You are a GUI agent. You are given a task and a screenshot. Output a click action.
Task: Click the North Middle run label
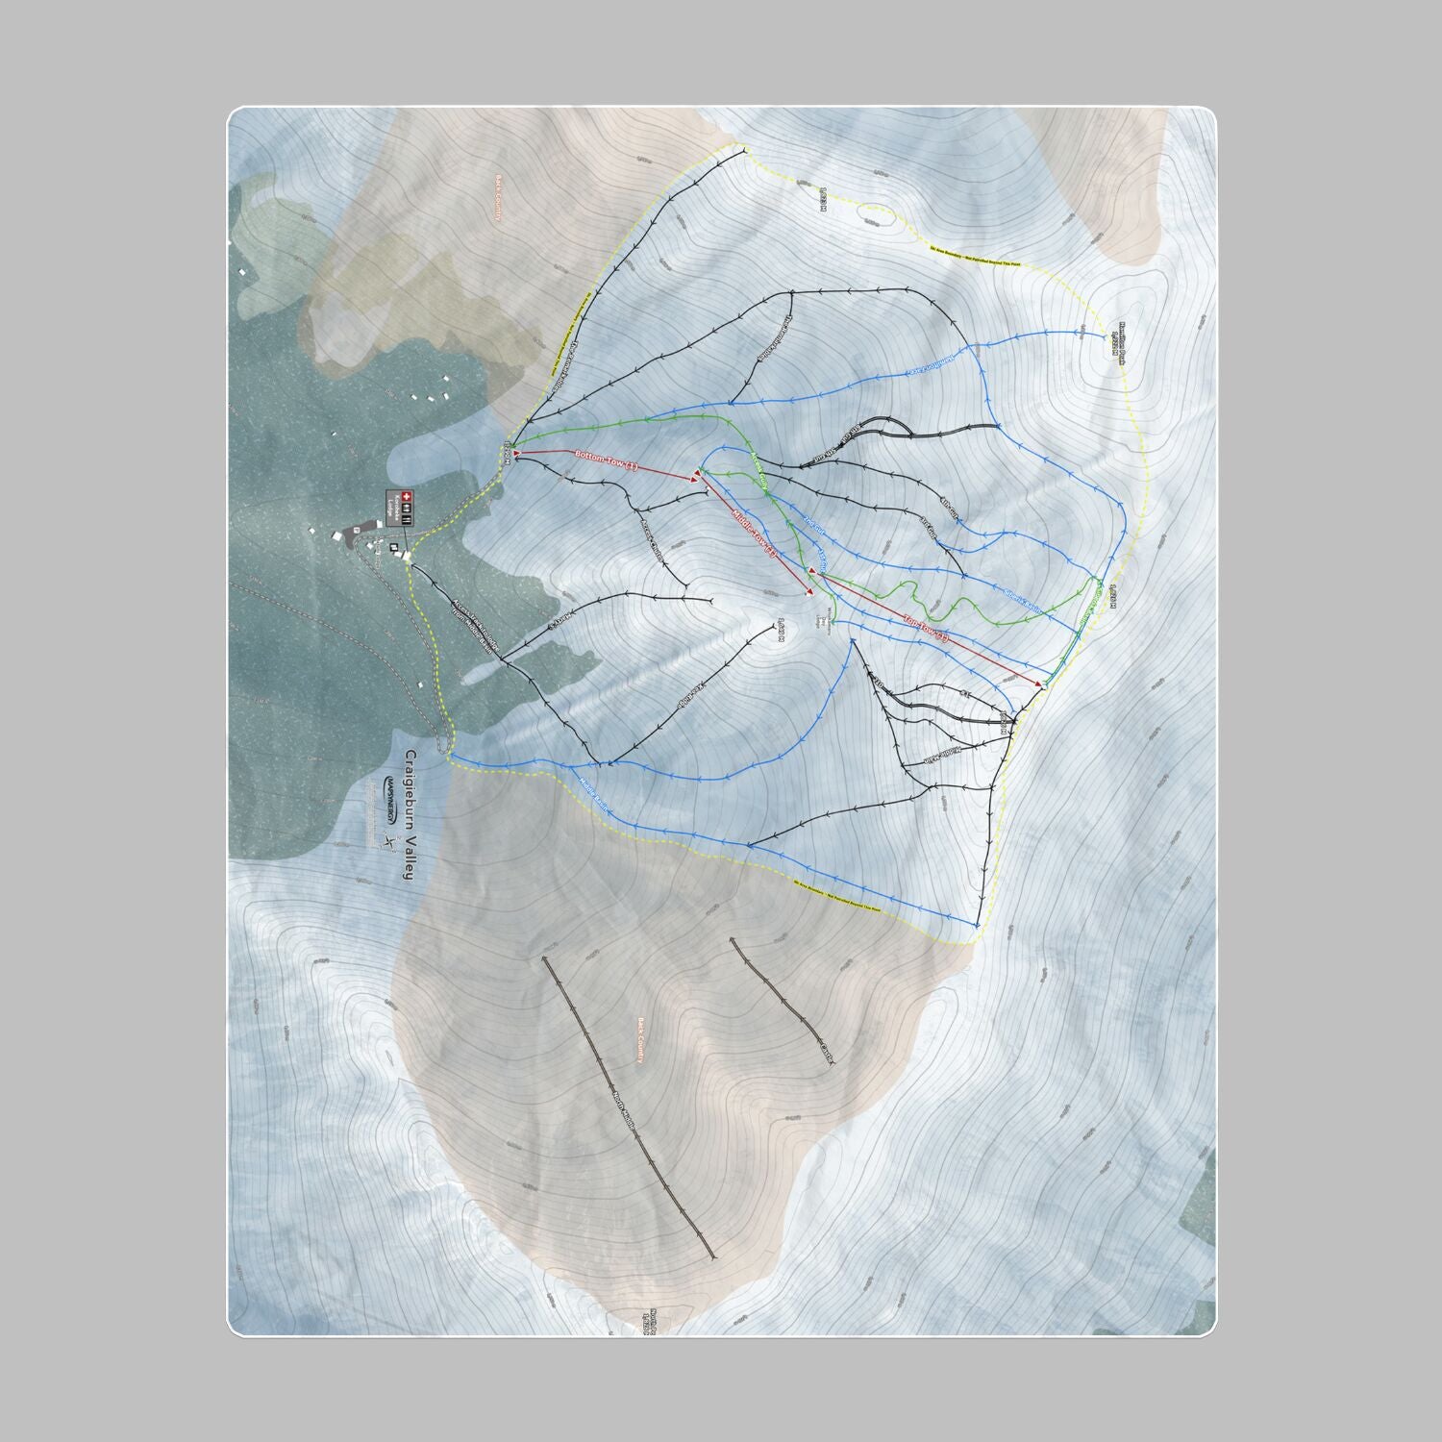pos(626,1115)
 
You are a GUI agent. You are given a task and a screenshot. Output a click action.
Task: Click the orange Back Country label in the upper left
pos(499,198)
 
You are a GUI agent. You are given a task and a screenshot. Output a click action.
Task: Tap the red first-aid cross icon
pos(391,503)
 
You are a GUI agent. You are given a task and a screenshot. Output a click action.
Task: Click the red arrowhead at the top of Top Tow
pos(1040,684)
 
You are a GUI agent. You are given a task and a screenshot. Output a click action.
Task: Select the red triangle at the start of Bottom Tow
pos(517,452)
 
